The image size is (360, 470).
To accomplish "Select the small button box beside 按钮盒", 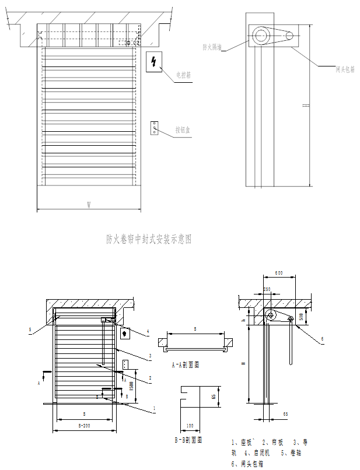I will pos(155,128).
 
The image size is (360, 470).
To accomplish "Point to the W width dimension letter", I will pos(89,205).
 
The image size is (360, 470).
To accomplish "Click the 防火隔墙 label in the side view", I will pos(212,46).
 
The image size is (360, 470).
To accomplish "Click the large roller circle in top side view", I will pos(260,36).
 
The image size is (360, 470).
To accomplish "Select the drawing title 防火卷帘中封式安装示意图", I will pos(149,238).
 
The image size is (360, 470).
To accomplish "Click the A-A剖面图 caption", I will pos(186,365).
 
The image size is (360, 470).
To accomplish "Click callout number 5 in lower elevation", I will pos(30,329).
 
